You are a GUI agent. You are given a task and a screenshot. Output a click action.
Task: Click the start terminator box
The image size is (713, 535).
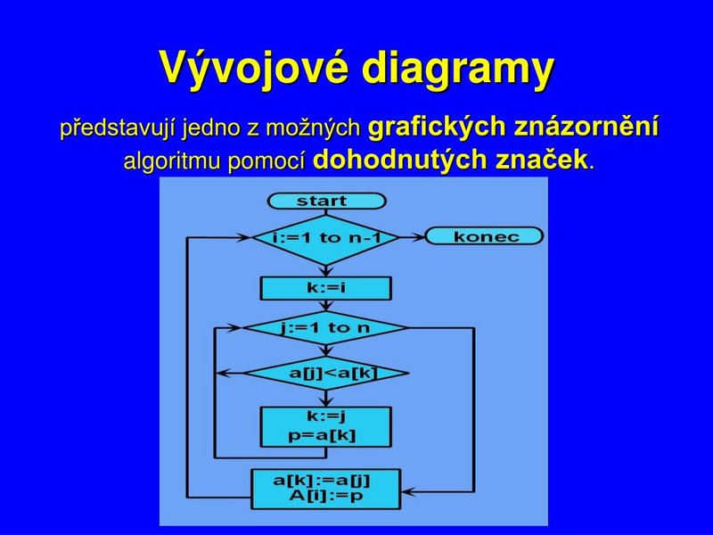pyautogui.click(x=326, y=202)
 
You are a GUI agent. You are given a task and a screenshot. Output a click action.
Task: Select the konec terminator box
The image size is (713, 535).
pyautogui.click(x=484, y=236)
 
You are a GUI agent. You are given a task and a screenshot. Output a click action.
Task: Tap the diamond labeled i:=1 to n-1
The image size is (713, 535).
pyautogui.click(x=326, y=238)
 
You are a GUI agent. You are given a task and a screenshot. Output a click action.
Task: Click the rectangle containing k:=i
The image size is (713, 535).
pyautogui.click(x=325, y=288)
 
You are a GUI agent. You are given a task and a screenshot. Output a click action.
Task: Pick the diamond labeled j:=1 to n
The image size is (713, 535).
pyautogui.click(x=325, y=328)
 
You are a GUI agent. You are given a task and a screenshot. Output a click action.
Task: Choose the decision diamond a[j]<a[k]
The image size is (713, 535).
pyautogui.click(x=326, y=374)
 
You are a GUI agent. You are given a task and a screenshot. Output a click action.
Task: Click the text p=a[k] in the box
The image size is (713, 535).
pyautogui.click(x=322, y=436)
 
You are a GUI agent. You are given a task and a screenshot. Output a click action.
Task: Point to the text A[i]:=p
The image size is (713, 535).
pyautogui.click(x=326, y=496)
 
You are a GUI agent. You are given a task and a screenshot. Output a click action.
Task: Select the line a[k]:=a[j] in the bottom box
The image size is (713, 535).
pyautogui.click(x=322, y=481)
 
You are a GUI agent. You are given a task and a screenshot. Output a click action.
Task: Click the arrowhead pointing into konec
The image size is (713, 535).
pyautogui.click(x=418, y=236)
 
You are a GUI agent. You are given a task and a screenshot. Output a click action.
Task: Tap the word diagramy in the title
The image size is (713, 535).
pyautogui.click(x=458, y=70)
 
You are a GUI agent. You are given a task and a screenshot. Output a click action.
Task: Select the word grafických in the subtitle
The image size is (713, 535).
pyautogui.click(x=437, y=127)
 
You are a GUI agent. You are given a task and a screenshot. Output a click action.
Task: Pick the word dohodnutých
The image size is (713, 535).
pyautogui.click(x=399, y=160)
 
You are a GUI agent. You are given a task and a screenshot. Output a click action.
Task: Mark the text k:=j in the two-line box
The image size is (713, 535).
pyautogui.click(x=325, y=416)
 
